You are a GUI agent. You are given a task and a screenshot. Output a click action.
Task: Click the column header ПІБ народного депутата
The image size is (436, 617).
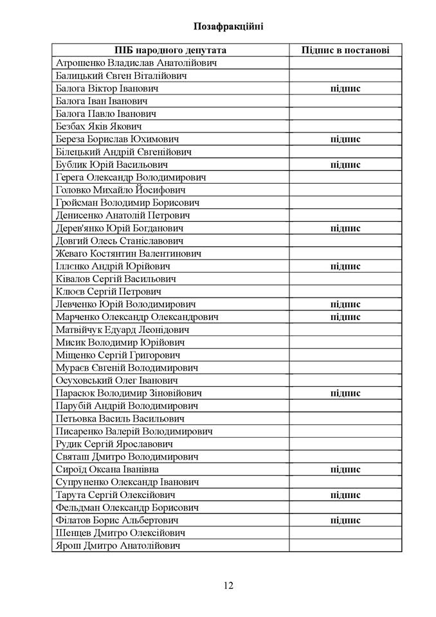pos(170,50)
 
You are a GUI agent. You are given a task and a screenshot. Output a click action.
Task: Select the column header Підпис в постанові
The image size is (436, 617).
pos(345,50)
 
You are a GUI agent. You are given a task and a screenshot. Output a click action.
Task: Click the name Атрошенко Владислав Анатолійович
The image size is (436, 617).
pos(136,63)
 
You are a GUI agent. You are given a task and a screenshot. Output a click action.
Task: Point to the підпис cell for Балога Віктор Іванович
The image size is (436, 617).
pos(345,89)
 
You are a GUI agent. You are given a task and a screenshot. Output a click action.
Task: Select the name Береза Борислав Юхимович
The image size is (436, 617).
pos(117,139)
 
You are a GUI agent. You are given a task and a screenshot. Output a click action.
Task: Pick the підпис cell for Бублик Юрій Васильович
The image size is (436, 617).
pos(345,165)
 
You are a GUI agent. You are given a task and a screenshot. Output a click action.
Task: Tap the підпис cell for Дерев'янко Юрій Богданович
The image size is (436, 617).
pos(345,228)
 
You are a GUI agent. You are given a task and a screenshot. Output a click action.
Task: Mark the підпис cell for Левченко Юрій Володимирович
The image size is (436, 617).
pos(345,304)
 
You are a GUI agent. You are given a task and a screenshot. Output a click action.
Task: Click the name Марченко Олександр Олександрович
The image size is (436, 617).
pos(137,317)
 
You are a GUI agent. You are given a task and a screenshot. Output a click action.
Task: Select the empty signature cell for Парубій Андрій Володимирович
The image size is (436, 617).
pos(345,406)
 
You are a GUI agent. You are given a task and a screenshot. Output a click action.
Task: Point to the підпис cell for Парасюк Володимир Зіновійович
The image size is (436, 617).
pos(345,393)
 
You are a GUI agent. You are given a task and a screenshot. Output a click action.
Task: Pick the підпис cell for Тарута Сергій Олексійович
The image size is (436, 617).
pos(345,495)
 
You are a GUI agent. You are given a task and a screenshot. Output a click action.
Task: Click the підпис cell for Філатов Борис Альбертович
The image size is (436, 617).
pos(345,520)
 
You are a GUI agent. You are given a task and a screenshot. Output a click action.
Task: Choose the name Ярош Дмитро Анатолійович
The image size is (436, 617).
pos(118,546)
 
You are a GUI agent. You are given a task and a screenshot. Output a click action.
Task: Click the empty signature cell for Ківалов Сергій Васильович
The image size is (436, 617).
pos(345,279)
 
